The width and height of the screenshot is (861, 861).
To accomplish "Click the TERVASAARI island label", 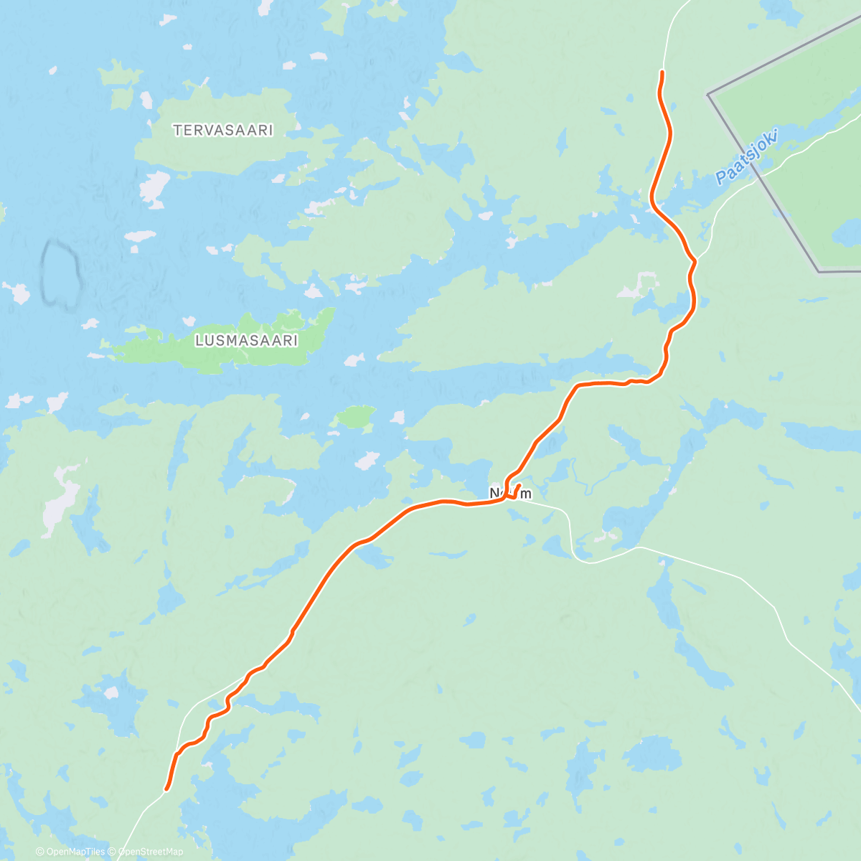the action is point(223,131).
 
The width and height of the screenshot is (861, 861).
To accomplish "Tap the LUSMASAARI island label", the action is point(246,341).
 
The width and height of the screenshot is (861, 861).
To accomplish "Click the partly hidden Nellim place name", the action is point(511,494).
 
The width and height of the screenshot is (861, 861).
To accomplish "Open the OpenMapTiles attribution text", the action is point(70,852).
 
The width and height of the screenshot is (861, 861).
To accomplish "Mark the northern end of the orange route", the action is point(662,72).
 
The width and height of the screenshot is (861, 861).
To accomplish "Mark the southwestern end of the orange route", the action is point(166,789).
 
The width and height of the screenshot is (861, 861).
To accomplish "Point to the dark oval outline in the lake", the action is point(60,275).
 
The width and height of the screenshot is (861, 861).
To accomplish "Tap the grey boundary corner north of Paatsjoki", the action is point(708,95).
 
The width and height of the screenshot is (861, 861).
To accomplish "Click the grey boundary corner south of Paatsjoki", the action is point(819,271).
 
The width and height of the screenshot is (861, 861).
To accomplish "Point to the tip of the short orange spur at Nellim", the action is point(519,486).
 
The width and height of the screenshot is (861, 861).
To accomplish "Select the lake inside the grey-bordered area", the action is point(845,233).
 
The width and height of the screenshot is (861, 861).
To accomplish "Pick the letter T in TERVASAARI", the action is point(177,131).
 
